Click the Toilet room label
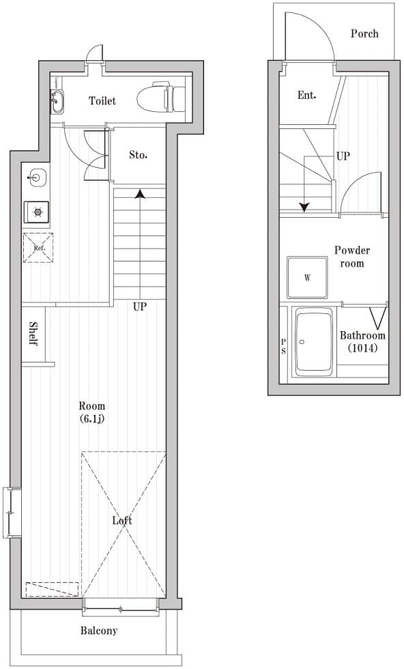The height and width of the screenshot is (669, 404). point(102,101)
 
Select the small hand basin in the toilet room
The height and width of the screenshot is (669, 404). point(57,102)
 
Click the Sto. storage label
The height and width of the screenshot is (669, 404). point(139,155)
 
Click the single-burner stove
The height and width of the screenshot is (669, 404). point(37,212)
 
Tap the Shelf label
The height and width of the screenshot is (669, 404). point(33,334)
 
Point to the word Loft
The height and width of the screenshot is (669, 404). point(122,520)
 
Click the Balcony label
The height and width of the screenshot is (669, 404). point(99,631)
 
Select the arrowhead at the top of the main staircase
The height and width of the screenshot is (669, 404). point(140,194)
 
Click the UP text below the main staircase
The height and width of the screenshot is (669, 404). point(140,307)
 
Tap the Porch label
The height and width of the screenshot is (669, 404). point(364,33)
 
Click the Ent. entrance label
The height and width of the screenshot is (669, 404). point(306,96)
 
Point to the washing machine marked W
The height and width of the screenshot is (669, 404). point(308,278)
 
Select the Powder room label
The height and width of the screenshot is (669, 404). point(351,257)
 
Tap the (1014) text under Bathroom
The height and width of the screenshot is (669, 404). point(362,347)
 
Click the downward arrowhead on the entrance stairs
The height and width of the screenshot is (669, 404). point(304,207)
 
